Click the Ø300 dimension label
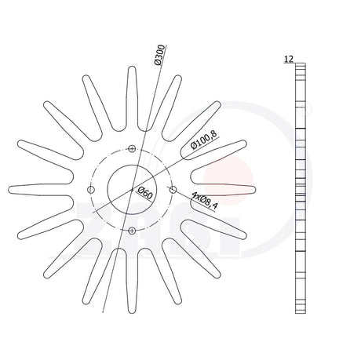[x=160, y=55]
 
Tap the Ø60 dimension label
[x=144, y=193]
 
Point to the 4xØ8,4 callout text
[x=205, y=200]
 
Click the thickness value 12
[x=289, y=60]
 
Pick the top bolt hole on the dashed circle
[x=132, y=149]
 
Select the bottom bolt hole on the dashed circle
[x=132, y=231]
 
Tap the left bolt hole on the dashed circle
[x=91, y=190]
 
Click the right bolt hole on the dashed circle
[x=173, y=190]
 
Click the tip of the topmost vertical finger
[x=132, y=67]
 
